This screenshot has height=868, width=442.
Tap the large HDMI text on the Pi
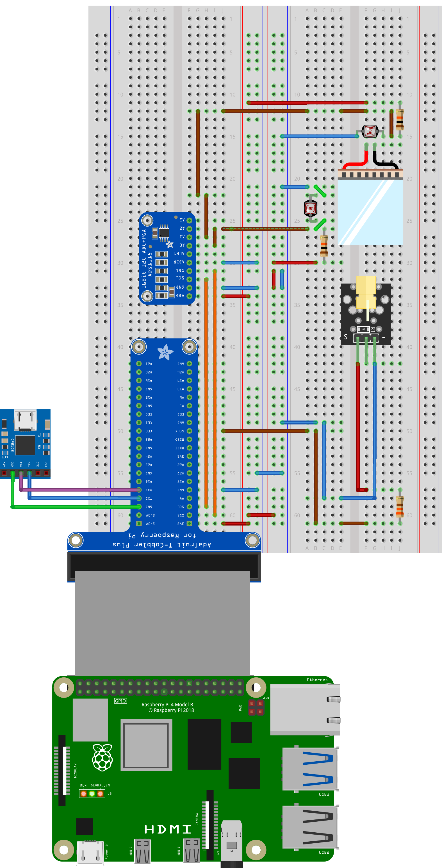point(168,829)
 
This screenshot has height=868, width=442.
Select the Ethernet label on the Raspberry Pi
point(317,680)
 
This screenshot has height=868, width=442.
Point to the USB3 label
point(324,794)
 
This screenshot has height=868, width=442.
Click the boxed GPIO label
point(120,701)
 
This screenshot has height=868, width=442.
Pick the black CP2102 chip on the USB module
point(25,445)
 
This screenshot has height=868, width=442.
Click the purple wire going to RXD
point(81,490)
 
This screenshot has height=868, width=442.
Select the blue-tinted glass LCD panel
point(370,212)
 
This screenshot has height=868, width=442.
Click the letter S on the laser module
point(346,337)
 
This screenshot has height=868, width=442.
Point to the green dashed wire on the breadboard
point(265,229)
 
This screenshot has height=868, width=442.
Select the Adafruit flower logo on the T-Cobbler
point(165,352)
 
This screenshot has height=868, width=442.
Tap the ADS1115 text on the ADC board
point(149,264)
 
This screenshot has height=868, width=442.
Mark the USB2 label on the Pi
point(324,852)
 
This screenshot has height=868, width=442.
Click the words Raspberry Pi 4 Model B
point(167,704)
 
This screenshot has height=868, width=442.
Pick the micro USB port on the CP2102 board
point(25,420)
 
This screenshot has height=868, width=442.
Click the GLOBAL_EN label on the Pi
point(100,785)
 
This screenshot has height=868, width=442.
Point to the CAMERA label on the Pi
point(197,819)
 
